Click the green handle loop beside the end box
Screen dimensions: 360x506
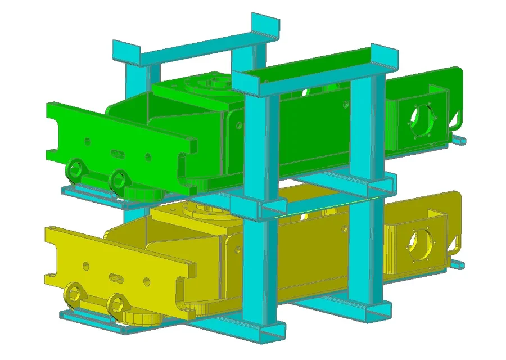click(x=458, y=119)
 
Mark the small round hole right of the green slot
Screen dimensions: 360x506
click(x=148, y=157)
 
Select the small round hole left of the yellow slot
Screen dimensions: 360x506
click(x=85, y=265)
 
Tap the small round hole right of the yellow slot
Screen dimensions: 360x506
click(x=147, y=281)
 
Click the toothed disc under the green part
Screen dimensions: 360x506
click(x=143, y=193)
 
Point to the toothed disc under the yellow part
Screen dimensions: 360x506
click(x=142, y=318)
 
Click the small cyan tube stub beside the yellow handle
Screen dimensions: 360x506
click(x=460, y=264)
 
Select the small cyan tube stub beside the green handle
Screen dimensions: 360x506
click(x=460, y=138)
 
